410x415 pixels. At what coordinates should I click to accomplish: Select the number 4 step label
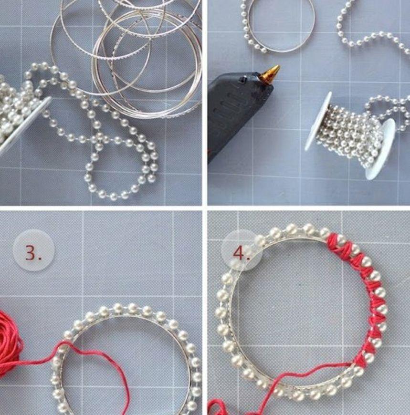[x=241, y=254]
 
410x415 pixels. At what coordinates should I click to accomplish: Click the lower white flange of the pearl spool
[x=380, y=149]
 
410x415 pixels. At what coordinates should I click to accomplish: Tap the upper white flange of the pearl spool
[x=318, y=122]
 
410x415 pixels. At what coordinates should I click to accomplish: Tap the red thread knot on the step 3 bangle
[x=62, y=345]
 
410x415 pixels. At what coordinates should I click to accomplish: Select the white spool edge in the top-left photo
[x=25, y=124]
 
